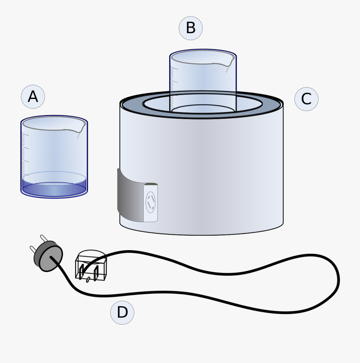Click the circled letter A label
click(x=33, y=97)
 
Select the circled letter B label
click(x=190, y=28)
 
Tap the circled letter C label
click(x=306, y=99)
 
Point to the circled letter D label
click(x=122, y=312)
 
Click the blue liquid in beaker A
click(x=54, y=189)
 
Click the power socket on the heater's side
click(x=150, y=202)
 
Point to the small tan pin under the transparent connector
click(x=88, y=280)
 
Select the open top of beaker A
click(x=54, y=123)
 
